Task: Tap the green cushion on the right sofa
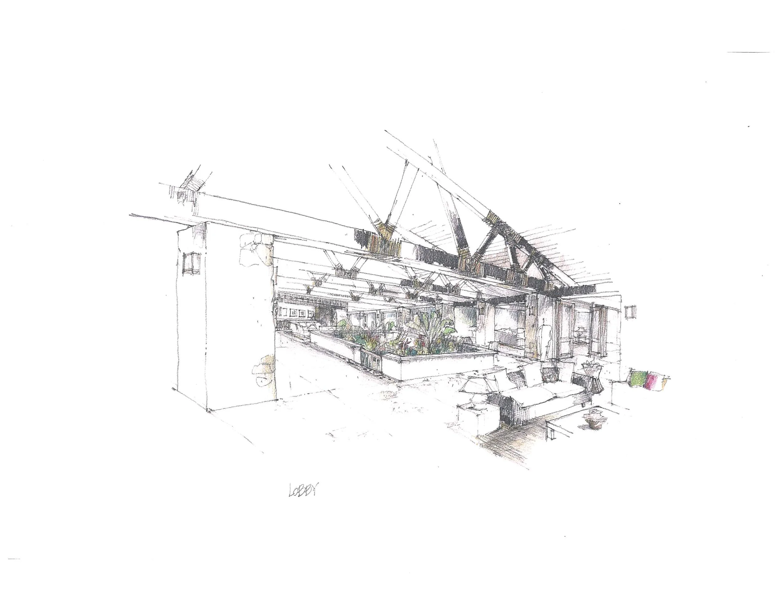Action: (638, 378)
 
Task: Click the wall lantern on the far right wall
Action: (630, 312)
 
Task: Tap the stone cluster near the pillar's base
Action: (265, 373)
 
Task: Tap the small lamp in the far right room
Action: (579, 331)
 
